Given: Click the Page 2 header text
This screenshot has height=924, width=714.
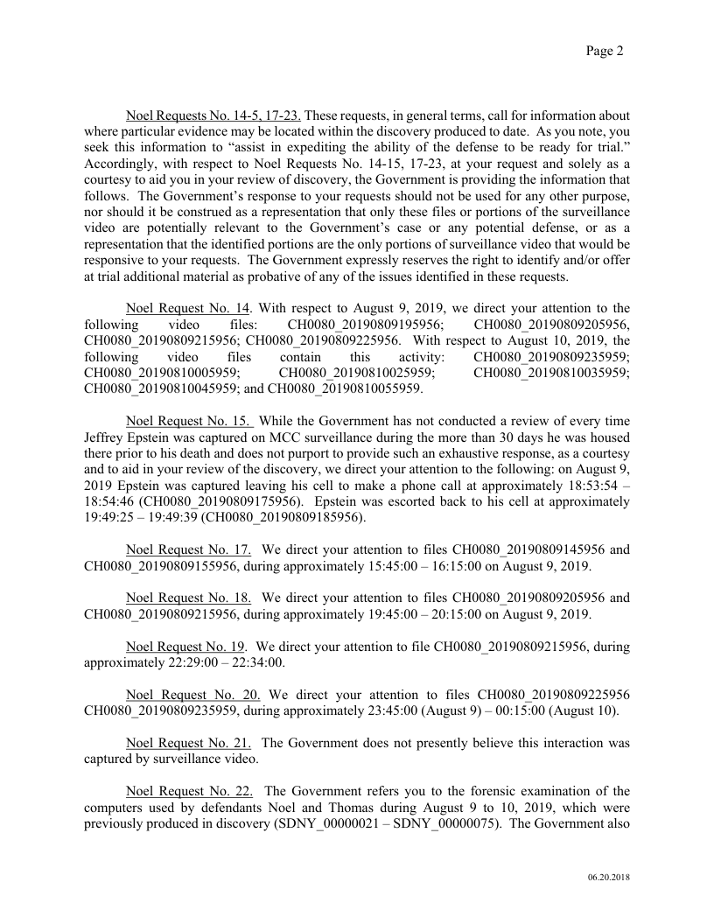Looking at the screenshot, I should (x=604, y=52).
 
